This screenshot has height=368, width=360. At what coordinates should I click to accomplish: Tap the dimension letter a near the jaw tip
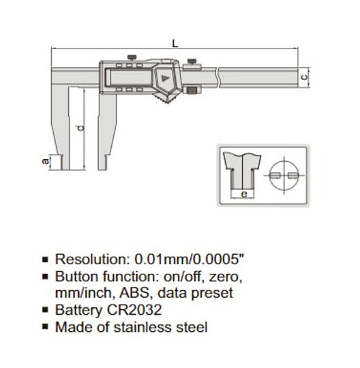(x=45, y=162)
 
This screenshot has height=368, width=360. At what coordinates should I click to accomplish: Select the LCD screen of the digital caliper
(x=128, y=79)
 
